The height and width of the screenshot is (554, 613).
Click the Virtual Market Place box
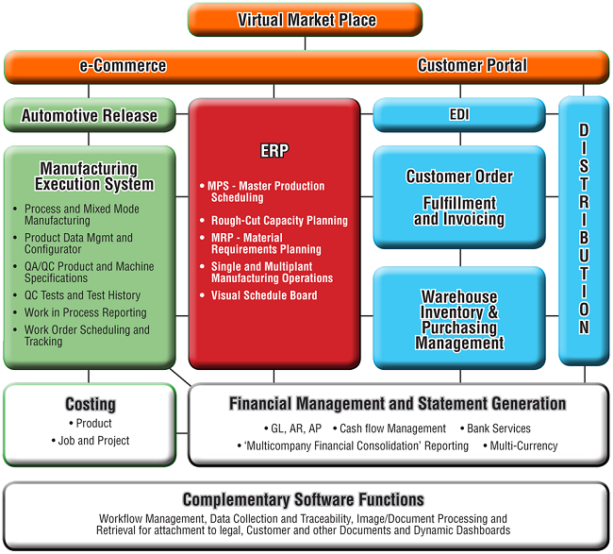[x=305, y=20]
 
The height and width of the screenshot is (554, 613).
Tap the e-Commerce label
[x=123, y=65]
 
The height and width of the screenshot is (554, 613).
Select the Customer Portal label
[x=472, y=65]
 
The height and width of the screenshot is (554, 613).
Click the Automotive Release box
[x=90, y=115]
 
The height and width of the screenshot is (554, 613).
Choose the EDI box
[x=459, y=114]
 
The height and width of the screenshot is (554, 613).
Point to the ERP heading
[x=274, y=151]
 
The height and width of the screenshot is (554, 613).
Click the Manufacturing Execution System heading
[x=94, y=176]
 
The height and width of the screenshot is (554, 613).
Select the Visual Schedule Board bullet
[x=258, y=295]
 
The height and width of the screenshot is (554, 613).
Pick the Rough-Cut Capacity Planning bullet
[x=273, y=221]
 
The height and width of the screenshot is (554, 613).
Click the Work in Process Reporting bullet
[x=80, y=312]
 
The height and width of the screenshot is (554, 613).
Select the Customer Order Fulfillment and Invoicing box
[x=459, y=197]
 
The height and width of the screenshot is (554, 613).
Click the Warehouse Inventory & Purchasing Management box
[x=459, y=318]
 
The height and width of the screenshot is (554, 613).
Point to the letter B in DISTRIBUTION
[x=584, y=238]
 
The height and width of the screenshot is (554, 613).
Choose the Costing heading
[x=91, y=404]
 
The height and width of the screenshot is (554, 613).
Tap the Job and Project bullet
[x=91, y=441]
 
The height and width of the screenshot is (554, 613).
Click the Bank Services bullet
[x=495, y=428]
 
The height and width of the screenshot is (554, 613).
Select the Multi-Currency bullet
[x=521, y=445]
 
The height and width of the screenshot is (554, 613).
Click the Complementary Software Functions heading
[x=304, y=499]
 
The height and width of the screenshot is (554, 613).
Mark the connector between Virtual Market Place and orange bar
[x=305, y=43]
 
